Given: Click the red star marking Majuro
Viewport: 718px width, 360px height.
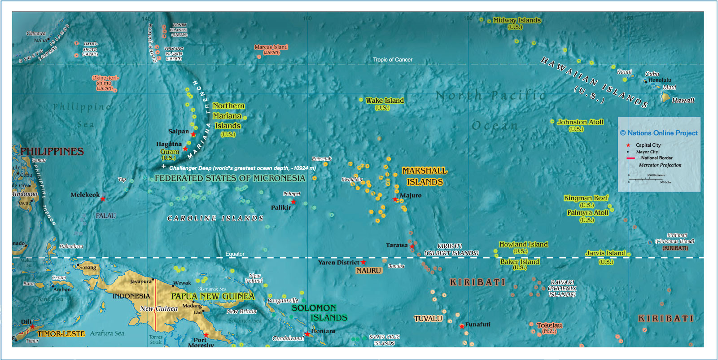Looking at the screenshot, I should point(395,199).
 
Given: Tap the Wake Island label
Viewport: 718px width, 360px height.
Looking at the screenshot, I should point(385,101).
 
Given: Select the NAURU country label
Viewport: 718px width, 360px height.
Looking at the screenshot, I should point(368,271).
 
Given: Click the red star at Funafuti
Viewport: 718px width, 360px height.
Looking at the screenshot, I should point(462,326).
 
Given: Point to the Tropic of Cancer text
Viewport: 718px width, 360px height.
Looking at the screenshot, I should point(393,60).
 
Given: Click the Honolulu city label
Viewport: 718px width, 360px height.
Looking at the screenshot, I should point(660,80).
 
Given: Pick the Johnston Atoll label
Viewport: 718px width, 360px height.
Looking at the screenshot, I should point(580,122).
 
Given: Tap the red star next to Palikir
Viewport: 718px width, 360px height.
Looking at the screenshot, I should point(293,202).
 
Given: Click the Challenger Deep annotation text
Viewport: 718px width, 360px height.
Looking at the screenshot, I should point(242,168).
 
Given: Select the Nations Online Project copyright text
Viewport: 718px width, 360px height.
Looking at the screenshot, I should point(659,133).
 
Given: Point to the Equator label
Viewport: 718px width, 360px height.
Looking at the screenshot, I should point(235,254).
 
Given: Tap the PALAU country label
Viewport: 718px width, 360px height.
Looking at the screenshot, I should point(105,216).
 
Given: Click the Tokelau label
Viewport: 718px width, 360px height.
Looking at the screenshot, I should point(549,325).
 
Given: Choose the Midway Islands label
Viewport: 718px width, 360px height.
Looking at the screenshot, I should point(517,20).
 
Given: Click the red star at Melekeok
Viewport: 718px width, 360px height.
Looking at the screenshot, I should point(103,198).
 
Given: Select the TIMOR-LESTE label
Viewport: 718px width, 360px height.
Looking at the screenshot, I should point(61,334).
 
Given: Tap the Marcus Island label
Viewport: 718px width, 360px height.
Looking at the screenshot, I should point(271,47).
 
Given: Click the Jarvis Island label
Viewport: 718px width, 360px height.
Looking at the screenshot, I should point(605,253).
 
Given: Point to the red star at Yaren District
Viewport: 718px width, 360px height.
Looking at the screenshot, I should point(363,262).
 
